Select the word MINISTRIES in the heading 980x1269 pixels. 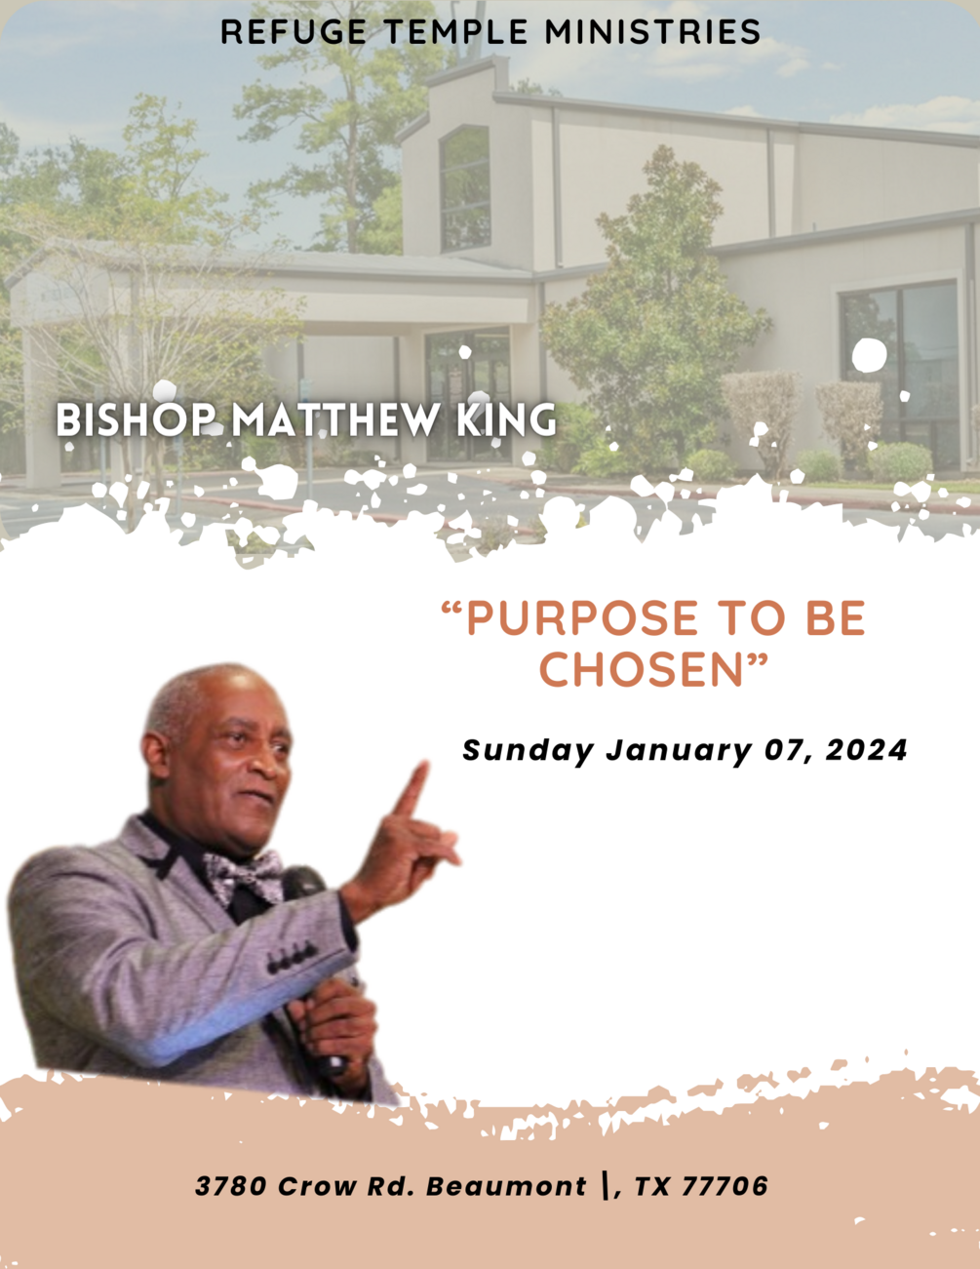tap(652, 32)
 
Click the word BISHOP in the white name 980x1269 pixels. tap(137, 420)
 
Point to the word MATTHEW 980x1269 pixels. tap(334, 420)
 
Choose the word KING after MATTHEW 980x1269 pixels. tap(506, 420)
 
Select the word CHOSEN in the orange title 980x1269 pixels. tap(642, 670)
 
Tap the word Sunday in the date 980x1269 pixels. tap(528, 750)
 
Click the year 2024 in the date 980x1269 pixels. tap(867, 750)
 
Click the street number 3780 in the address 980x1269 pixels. tap(232, 1186)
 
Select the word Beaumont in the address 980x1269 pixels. tap(506, 1186)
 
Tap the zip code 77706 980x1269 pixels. tap(725, 1186)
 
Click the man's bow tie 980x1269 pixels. tap(244, 874)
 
